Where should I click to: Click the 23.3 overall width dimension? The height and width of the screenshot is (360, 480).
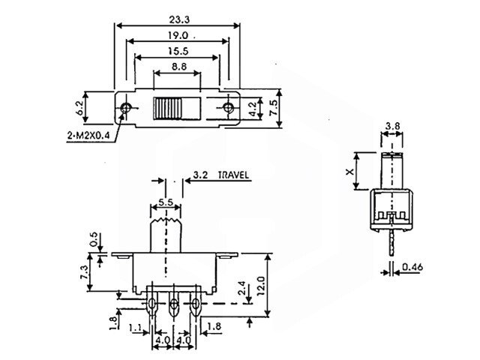coord(179,19)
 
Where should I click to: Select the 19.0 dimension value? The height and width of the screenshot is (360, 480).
coord(178,35)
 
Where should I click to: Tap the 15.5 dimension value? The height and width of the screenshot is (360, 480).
coord(178,51)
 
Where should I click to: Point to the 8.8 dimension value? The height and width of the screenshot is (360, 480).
coord(179,67)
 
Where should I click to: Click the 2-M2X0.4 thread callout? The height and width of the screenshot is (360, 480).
coord(88,136)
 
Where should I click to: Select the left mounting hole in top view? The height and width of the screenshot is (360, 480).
coord(125,108)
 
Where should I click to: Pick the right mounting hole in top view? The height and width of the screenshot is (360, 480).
coord(228,108)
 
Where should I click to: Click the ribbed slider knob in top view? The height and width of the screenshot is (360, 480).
coord(168,108)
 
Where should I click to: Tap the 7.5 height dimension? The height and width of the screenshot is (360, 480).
coord(273,108)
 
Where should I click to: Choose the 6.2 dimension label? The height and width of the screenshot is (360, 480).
coord(79,108)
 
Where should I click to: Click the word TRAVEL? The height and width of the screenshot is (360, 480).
coord(233,175)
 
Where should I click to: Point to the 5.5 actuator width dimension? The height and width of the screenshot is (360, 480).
coord(166,202)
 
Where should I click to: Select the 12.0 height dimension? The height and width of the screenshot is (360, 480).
coord(261,286)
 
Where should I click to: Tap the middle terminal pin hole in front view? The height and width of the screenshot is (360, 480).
coord(174,304)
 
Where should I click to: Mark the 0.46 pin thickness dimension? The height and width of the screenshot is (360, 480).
coord(412,267)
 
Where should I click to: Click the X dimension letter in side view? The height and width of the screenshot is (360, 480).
coord(349,172)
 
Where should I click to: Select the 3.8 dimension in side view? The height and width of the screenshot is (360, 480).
coord(392,126)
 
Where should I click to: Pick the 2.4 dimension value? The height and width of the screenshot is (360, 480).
coord(241,288)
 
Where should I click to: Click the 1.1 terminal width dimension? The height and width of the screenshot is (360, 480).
coord(135,328)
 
